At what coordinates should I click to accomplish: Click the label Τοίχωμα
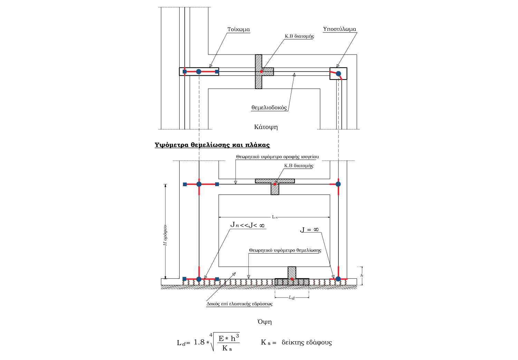point(238,29)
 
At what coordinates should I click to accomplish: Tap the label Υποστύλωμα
point(339,29)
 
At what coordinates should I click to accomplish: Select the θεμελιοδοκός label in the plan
point(269,107)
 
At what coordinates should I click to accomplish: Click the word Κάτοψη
point(266,127)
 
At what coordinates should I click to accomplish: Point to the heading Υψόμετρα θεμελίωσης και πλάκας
point(212,145)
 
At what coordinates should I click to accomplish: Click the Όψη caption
point(265,322)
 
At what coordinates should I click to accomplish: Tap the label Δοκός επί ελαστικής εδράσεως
point(239,304)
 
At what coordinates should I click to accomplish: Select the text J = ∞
point(309,230)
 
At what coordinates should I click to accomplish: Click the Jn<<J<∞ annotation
point(247,225)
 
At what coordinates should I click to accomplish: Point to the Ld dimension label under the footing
point(292,297)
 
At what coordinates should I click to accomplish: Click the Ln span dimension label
point(275,217)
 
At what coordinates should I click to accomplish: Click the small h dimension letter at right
point(362,275)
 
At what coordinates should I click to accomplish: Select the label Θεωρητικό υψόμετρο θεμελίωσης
point(285,250)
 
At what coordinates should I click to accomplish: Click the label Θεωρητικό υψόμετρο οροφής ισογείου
point(277,157)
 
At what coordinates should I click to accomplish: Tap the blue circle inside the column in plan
point(338,74)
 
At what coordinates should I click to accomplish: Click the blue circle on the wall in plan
point(199,72)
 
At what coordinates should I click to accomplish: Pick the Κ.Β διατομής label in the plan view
point(299,36)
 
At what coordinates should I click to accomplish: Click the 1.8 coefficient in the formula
point(199,342)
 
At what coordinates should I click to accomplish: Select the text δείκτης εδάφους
point(307,342)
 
